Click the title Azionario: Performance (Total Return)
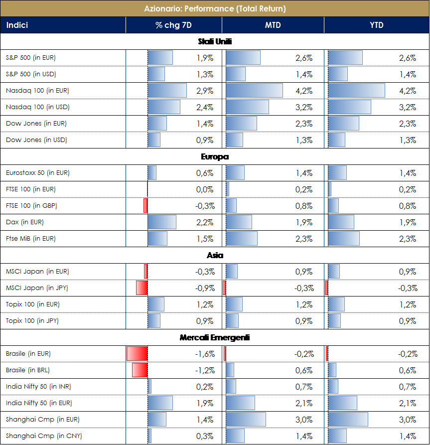pos(215,8)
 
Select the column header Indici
pos(17,25)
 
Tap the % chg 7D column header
pos(173,25)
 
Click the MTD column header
pos(273,25)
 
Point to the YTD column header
pos(377,25)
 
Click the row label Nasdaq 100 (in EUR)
pos(37,91)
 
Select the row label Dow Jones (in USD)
pos(36,140)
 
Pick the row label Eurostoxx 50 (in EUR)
pos(37,173)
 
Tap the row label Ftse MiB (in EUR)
pos(31,239)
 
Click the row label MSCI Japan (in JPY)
pos(37,288)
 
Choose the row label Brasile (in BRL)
pos(28,370)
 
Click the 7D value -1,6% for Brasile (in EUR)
pos(205,354)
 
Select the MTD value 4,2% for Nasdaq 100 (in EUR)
pos(304,91)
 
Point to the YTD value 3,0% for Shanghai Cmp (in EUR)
pos(407,420)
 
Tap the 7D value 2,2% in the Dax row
pos(205,222)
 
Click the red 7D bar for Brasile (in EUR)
pos(137,354)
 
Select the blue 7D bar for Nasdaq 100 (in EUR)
pos(167,91)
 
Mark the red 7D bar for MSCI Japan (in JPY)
pos(142,288)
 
